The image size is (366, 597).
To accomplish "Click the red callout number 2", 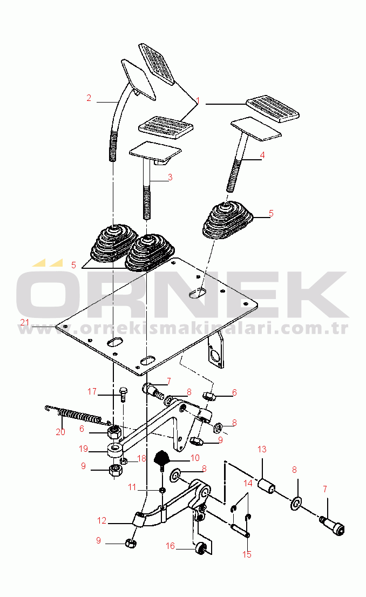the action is (89, 98).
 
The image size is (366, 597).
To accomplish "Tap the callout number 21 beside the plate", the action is (25, 322).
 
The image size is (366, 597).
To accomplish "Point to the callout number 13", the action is (262, 449).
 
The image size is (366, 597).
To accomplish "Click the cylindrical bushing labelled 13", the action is (266, 486).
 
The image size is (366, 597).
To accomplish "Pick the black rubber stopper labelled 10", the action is (163, 458).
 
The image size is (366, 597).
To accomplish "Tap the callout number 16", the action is (170, 546).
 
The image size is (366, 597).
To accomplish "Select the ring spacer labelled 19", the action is (114, 449).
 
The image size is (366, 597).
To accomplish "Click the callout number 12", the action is (101, 520).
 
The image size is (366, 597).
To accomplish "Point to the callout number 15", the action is (247, 554).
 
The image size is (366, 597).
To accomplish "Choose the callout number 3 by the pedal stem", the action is (170, 177).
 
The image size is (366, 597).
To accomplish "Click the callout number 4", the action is (262, 155).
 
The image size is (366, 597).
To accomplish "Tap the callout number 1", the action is (198, 101).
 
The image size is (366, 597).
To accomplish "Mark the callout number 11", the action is (132, 487).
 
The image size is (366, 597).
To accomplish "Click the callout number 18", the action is (141, 458).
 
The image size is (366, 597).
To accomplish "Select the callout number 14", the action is (248, 484).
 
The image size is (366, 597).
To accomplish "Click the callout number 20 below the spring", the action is (60, 432).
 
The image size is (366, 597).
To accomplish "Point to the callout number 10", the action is (195, 458).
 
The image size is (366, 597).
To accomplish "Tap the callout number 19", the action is (84, 449).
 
